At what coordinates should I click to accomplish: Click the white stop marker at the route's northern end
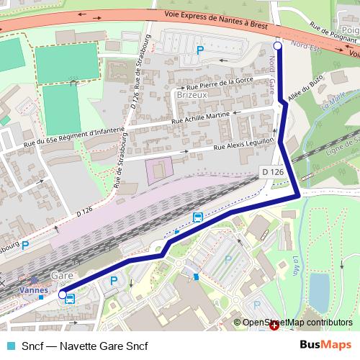[278, 46]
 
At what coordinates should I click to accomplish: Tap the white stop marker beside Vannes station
[63, 294]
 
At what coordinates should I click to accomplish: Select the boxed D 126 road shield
[272, 171]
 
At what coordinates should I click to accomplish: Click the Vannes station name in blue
[34, 289]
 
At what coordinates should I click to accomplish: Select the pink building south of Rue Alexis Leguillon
[159, 171]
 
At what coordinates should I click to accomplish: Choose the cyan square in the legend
[9, 346]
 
